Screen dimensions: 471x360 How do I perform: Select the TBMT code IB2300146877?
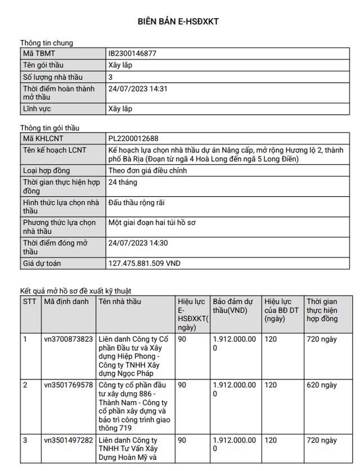[132, 53]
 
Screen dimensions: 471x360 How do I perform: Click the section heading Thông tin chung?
[47, 43]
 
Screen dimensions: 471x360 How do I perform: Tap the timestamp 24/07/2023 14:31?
[138, 89]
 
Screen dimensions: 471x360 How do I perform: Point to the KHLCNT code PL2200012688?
[134, 138]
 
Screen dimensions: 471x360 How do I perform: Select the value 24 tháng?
[123, 183]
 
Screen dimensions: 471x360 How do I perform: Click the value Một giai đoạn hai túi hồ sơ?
[152, 223]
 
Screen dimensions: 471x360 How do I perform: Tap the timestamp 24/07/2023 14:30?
[138, 243]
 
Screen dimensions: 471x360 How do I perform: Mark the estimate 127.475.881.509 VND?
[145, 263]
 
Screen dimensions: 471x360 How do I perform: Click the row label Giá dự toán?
[42, 263]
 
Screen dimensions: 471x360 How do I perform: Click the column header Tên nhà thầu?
[120, 302]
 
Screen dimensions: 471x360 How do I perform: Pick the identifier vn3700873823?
[68, 339]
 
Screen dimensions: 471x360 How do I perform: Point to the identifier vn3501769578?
[68, 385]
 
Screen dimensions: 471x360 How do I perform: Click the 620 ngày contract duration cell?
[321, 385]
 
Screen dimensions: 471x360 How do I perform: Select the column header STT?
[29, 302]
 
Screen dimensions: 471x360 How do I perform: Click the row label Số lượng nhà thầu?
[52, 77]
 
